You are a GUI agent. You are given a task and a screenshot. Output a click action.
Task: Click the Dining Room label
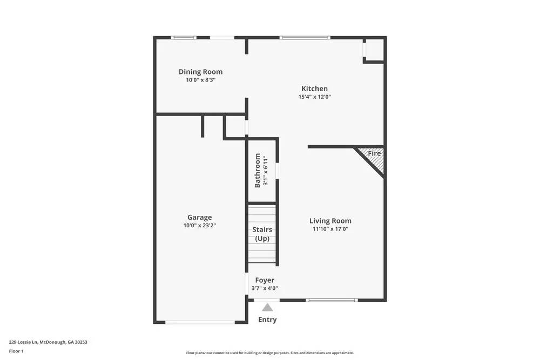tap(200, 72)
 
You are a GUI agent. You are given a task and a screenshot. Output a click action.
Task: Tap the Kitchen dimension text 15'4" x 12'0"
tap(314, 97)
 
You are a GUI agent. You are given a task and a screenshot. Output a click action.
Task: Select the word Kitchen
tap(314, 89)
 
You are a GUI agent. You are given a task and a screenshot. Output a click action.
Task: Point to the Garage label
tap(200, 217)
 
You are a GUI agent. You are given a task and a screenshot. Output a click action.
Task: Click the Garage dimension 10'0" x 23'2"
tap(200, 226)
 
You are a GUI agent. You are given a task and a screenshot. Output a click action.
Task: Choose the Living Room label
tap(330, 220)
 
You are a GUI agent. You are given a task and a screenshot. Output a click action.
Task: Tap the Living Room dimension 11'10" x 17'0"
tap(330, 229)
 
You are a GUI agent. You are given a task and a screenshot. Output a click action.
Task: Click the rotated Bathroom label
tap(258, 171)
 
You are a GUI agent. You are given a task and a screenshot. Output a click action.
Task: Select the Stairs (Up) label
tap(262, 234)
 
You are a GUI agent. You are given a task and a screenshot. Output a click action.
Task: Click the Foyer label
tap(265, 280)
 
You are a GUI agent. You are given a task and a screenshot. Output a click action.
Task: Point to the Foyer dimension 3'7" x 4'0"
tap(265, 288)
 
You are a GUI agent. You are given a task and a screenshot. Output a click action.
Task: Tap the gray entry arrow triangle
tap(267, 308)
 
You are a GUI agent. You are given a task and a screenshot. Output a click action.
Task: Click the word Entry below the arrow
tap(267, 320)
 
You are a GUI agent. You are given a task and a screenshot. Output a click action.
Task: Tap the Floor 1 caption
tap(16, 351)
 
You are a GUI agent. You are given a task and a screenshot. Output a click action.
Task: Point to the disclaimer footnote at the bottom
tap(270, 352)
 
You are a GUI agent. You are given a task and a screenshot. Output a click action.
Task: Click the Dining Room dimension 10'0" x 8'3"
tap(200, 80)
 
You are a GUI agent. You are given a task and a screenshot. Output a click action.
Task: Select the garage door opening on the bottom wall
tap(200, 322)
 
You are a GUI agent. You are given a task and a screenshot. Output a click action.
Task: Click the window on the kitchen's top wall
tap(305, 38)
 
